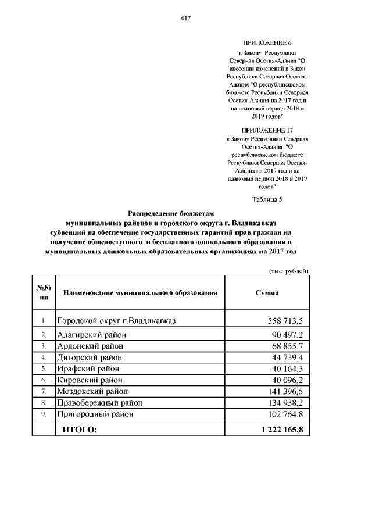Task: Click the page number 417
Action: (x=186, y=18)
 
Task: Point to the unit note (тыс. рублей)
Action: (x=288, y=271)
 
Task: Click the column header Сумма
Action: (x=267, y=293)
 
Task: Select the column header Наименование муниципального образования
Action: (x=139, y=293)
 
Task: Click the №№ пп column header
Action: (x=44, y=292)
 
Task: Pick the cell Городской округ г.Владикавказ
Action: (x=116, y=321)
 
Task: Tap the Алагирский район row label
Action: (x=91, y=335)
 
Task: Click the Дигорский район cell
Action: (x=90, y=357)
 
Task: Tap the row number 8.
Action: (x=44, y=402)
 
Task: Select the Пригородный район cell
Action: (x=95, y=414)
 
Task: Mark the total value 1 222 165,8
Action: (x=282, y=430)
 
